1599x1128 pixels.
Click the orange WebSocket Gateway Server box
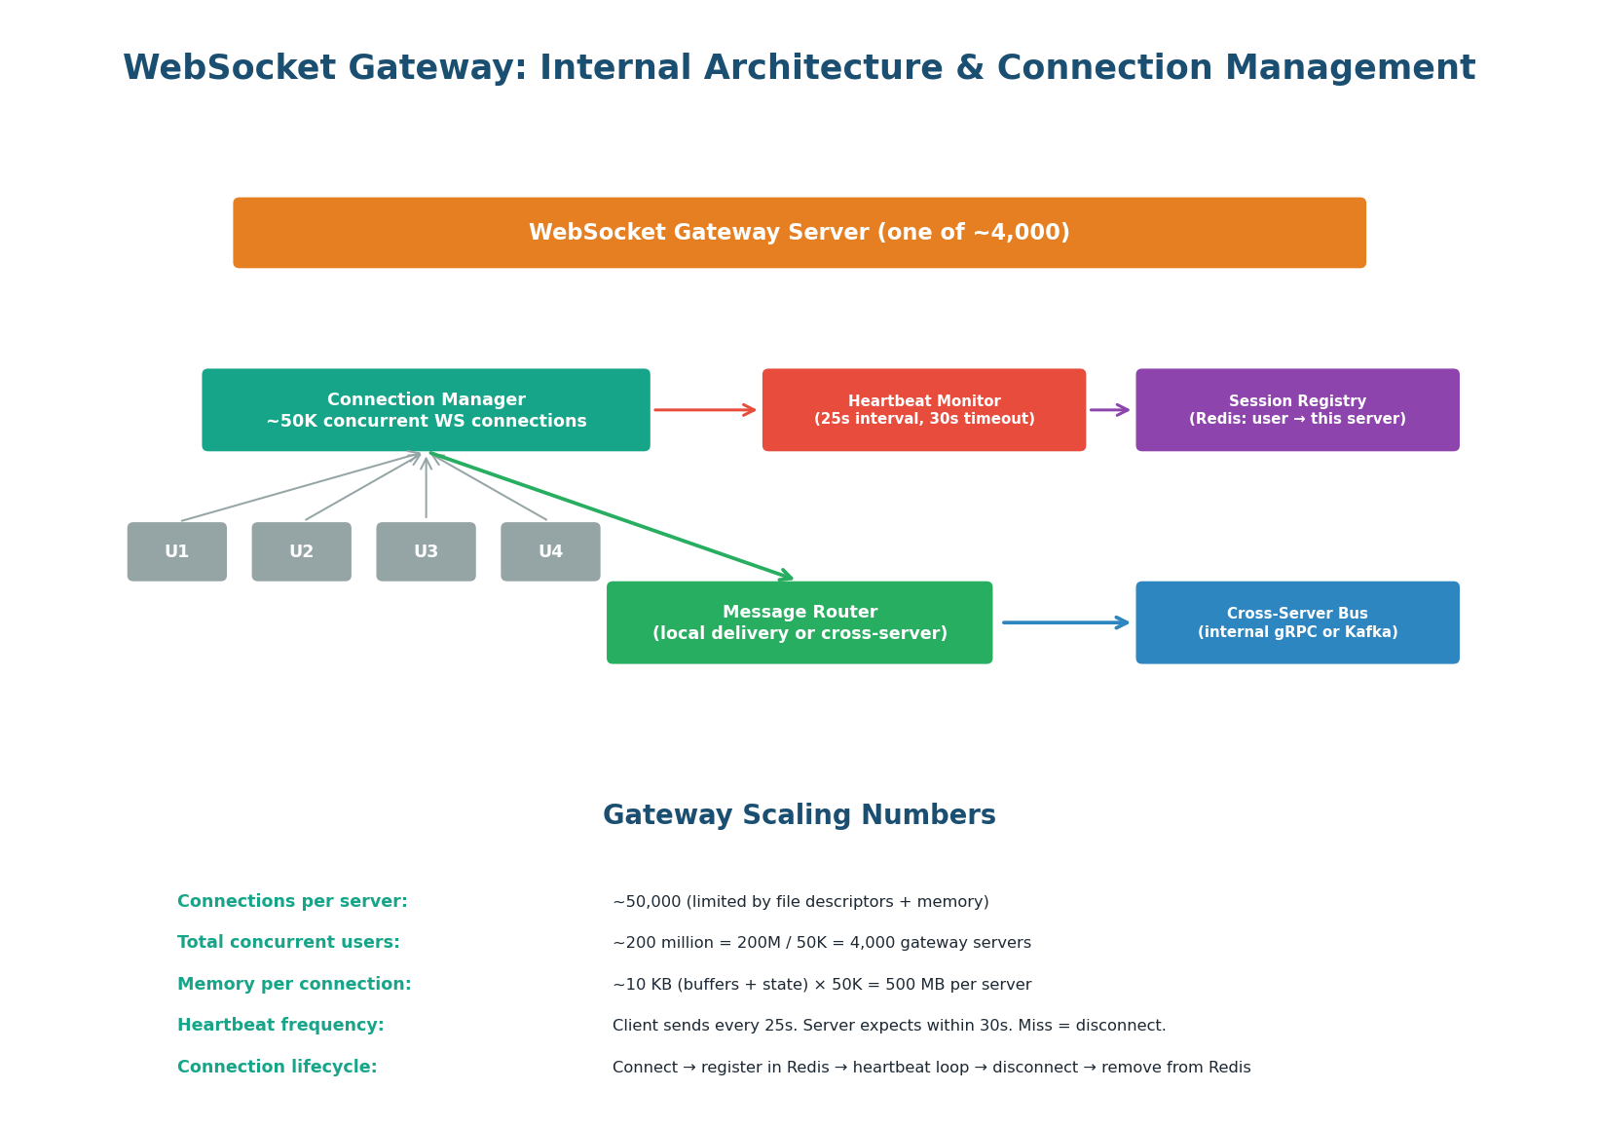pos(799,233)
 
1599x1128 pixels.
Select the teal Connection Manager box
pos(426,410)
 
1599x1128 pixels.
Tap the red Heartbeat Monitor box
pos(923,410)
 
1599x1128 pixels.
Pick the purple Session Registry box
pos(1297,410)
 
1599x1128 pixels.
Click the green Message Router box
pos(799,622)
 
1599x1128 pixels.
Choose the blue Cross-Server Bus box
pos(1297,622)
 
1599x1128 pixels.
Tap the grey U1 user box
pos(176,551)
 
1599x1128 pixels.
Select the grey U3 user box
pos(426,551)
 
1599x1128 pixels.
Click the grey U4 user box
pos(550,551)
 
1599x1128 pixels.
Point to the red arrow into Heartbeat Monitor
pos(705,410)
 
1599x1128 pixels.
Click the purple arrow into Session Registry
pos(1110,410)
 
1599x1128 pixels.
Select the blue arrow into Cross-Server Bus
pos(1065,622)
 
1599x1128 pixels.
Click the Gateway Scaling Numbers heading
pos(799,815)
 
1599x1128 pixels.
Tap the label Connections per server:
pos(292,902)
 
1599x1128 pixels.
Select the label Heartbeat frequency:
pos(280,1026)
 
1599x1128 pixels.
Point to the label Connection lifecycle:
pos(277,1068)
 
